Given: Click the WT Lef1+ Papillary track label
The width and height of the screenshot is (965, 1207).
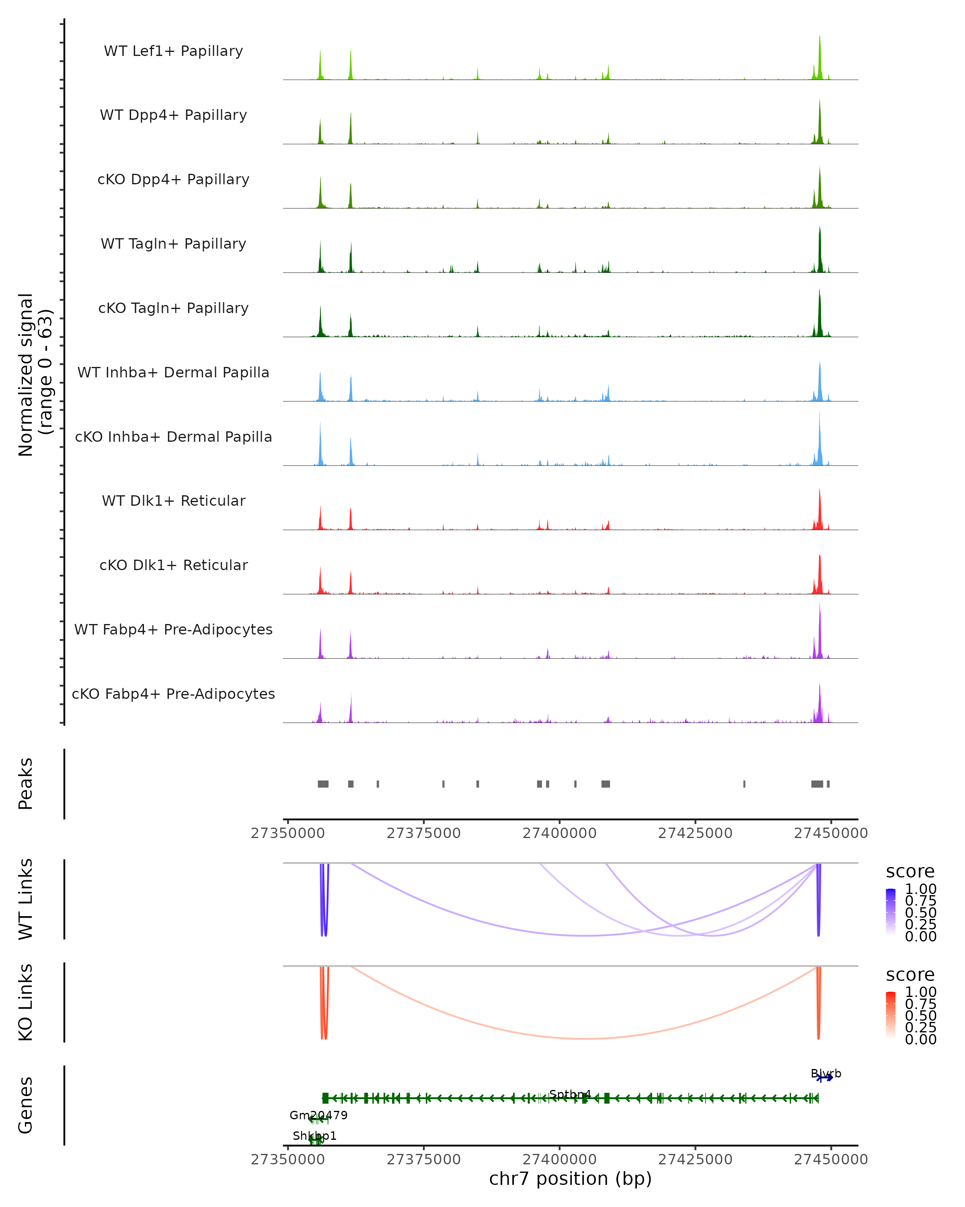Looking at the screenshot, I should pyautogui.click(x=173, y=51).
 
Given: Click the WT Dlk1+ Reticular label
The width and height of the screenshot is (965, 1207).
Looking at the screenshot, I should pyautogui.click(x=173, y=501).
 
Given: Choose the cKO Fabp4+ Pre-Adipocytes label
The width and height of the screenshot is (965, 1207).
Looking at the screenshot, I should pyautogui.click(x=173, y=694).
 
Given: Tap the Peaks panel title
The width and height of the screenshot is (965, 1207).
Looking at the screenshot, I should pyautogui.click(x=26, y=784).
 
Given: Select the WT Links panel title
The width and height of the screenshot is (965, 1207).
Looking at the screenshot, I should pyautogui.click(x=26, y=899).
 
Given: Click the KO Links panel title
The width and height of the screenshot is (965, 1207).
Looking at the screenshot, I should pyautogui.click(x=26, y=1003).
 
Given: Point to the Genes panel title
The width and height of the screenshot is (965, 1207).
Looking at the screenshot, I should pyautogui.click(x=26, y=1105).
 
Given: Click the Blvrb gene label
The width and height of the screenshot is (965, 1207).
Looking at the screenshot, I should pyautogui.click(x=826, y=1074).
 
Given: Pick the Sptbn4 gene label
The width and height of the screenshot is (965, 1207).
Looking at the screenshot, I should pyautogui.click(x=570, y=1094).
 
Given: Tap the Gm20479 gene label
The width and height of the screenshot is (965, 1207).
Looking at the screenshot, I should pyautogui.click(x=318, y=1115).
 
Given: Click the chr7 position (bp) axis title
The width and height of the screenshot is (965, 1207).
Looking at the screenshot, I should pyautogui.click(x=570, y=1178).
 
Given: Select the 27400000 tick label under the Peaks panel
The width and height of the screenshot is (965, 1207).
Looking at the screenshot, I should pyautogui.click(x=559, y=833).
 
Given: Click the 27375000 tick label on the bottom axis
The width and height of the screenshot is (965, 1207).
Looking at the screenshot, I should pyautogui.click(x=423, y=1160).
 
